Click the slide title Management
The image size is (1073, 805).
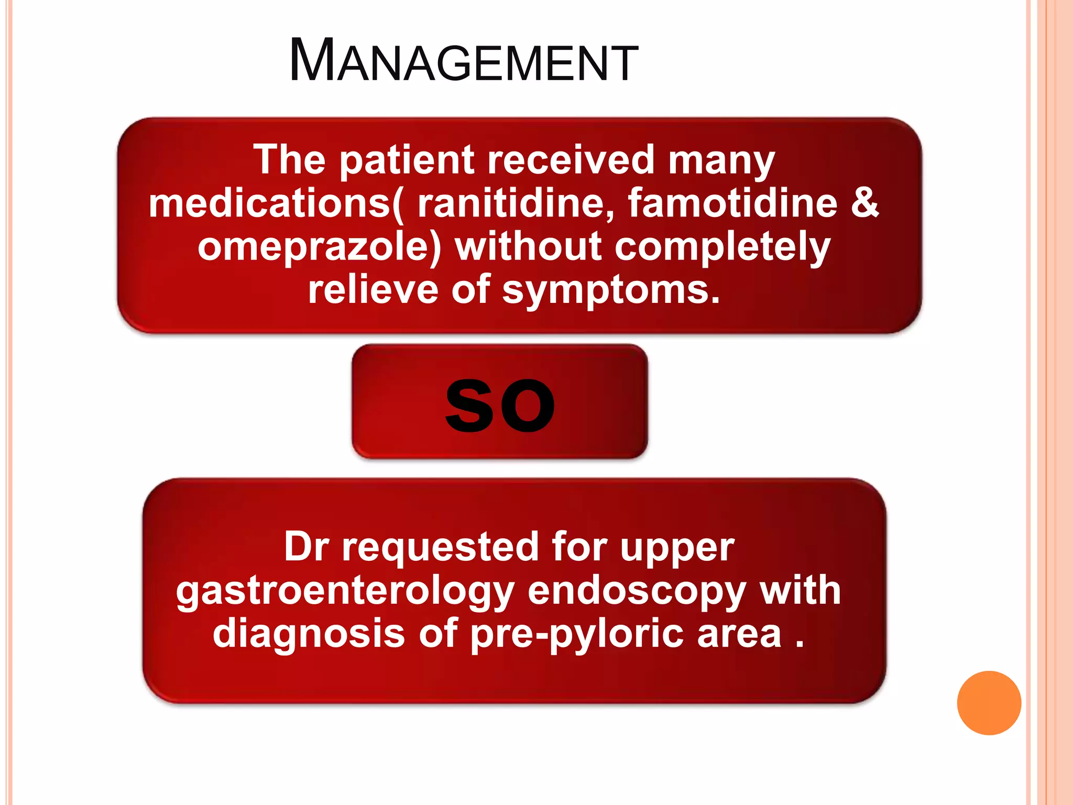tap(463, 61)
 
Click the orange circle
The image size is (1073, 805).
tap(989, 703)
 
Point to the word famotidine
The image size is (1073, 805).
tap(732, 203)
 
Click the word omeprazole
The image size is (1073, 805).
tap(319, 247)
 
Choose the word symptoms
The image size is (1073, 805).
tap(610, 290)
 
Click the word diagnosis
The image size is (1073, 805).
tap(309, 633)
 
